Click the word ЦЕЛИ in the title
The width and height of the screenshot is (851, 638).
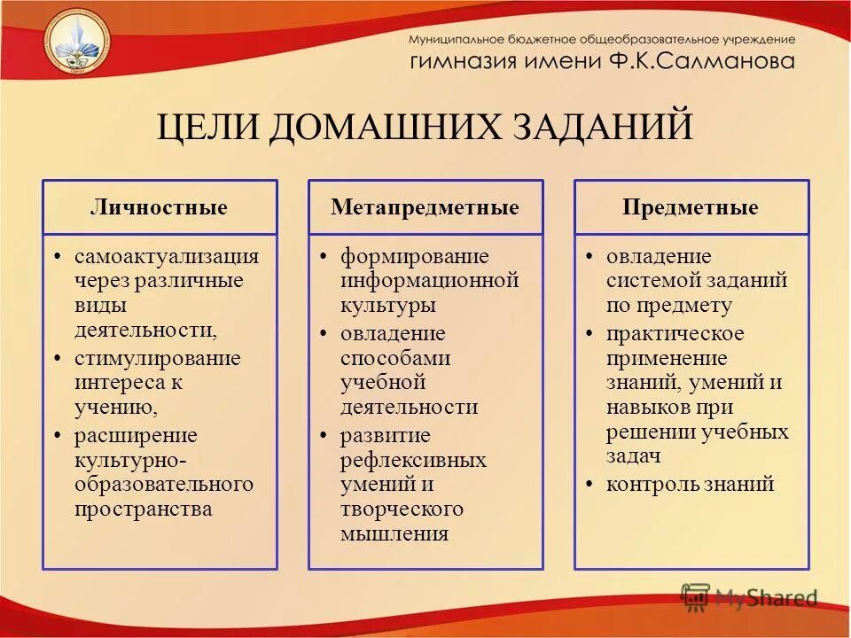point(208,126)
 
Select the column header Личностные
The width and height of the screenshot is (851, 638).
point(160,208)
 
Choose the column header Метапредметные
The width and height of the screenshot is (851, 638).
point(425,208)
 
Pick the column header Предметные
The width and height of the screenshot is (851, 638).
point(691,208)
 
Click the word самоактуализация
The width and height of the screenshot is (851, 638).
point(167,257)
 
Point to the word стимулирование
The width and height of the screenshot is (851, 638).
point(158,359)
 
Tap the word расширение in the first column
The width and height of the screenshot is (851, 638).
point(136,436)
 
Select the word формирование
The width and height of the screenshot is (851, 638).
point(415,257)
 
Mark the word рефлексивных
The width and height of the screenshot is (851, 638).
point(413,461)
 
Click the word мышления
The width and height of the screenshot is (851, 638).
point(394,534)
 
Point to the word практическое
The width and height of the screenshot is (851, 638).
point(675,334)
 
